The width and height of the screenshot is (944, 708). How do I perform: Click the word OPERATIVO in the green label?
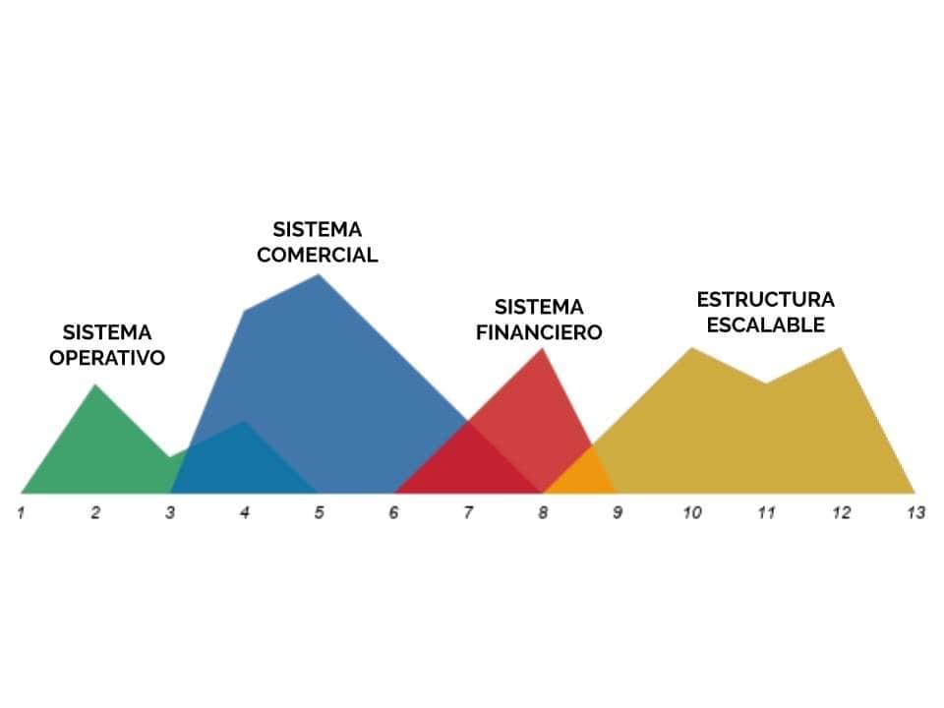(107, 358)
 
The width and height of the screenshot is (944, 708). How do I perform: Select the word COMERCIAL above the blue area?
(318, 255)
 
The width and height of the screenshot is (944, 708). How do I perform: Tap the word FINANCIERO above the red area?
(539, 332)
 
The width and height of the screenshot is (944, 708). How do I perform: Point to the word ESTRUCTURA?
(765, 299)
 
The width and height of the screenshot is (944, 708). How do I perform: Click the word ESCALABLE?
(765, 325)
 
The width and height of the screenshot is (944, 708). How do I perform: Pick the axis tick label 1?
(21, 513)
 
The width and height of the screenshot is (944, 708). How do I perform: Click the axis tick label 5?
(319, 513)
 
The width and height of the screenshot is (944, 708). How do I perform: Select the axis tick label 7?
(468, 513)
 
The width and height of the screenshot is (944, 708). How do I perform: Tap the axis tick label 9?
(618, 513)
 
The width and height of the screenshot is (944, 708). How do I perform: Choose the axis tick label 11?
(766, 513)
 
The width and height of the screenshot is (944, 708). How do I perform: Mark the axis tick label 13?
(915, 513)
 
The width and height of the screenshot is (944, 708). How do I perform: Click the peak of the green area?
(95, 385)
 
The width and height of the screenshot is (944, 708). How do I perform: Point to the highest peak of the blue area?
(319, 275)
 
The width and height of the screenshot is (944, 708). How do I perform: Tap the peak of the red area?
(543, 349)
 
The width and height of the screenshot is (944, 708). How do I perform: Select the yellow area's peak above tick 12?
(841, 348)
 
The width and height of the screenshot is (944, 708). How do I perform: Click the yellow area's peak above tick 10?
(691, 348)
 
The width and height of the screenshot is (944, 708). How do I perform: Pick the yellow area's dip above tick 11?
(766, 383)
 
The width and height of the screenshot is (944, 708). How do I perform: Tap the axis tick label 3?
(170, 513)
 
